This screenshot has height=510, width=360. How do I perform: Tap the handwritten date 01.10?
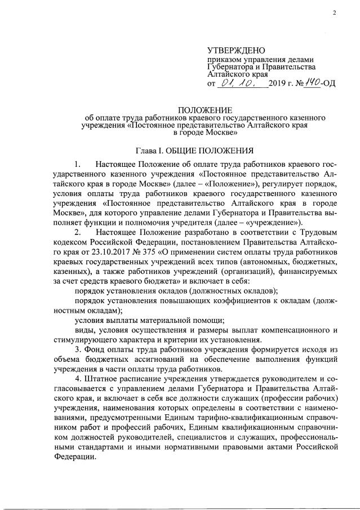tap(235, 83)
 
